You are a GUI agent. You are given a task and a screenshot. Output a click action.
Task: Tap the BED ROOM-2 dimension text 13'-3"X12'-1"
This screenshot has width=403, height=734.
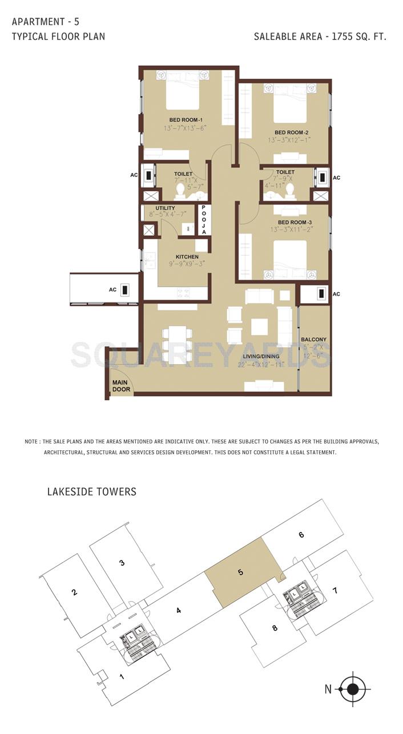(289, 140)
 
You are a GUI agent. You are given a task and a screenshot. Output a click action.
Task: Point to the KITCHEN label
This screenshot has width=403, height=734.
(187, 257)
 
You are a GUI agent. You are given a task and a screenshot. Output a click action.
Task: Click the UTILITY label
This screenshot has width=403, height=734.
(165, 208)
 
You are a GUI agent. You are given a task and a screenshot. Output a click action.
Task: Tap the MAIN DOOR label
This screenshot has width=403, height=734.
(121, 386)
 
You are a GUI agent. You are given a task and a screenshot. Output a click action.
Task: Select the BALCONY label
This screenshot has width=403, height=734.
(313, 339)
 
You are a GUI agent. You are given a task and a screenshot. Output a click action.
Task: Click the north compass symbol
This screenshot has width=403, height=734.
(353, 689)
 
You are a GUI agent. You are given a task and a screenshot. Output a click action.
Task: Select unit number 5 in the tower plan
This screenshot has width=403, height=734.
(241, 571)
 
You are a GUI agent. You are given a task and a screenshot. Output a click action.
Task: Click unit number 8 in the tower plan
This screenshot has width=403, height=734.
(275, 628)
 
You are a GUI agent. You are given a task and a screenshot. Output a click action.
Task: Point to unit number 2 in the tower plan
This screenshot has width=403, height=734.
(74, 592)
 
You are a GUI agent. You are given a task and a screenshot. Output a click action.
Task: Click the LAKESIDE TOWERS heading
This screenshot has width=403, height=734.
(91, 491)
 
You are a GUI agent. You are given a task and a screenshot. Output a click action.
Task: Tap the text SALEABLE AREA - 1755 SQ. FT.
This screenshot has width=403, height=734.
(320, 37)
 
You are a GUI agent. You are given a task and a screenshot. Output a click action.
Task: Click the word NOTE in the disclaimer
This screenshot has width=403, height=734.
(31, 442)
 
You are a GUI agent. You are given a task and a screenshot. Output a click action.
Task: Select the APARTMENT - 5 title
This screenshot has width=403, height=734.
(46, 22)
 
